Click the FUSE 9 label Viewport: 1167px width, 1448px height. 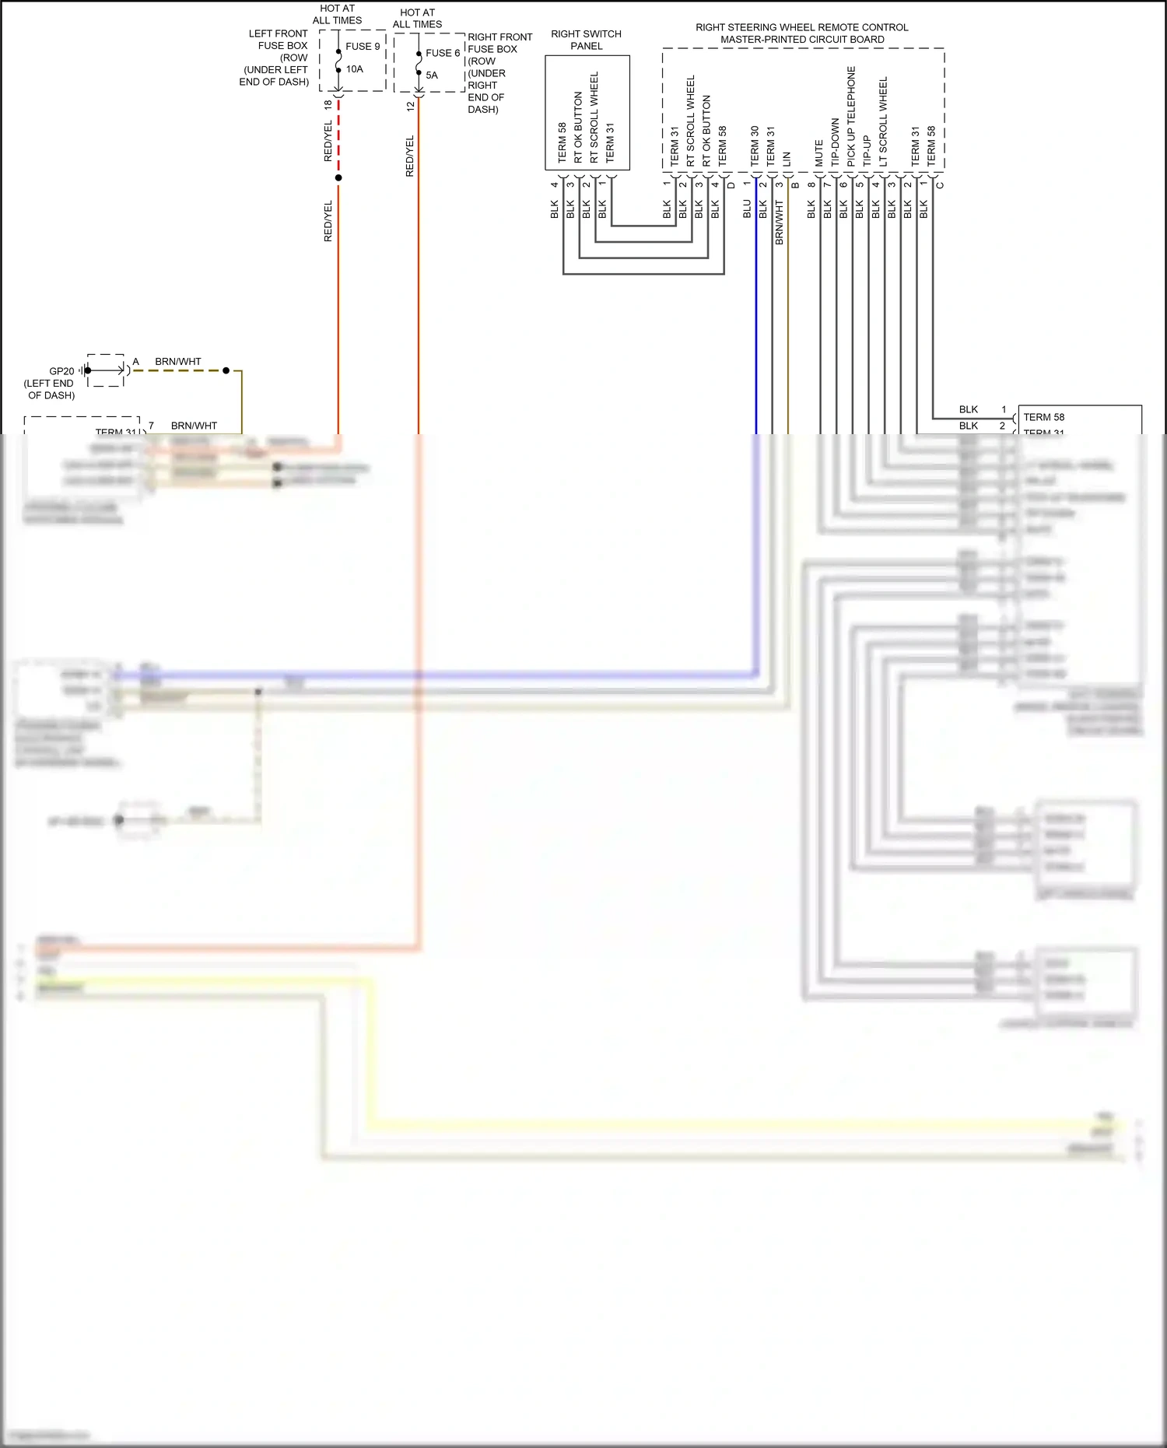click(x=363, y=47)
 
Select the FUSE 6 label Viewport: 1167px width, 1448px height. click(x=442, y=53)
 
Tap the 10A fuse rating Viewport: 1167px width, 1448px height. click(x=355, y=69)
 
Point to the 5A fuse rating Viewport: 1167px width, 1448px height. click(x=432, y=75)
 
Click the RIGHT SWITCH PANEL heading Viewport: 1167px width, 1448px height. click(x=586, y=40)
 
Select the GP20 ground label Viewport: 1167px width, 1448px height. click(x=61, y=371)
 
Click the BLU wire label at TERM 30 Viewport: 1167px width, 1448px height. click(x=747, y=209)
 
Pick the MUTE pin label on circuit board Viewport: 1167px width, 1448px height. click(x=818, y=153)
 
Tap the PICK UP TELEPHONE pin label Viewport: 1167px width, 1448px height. click(x=851, y=116)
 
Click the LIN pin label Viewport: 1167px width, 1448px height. click(x=787, y=159)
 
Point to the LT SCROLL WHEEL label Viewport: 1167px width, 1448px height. click(x=883, y=121)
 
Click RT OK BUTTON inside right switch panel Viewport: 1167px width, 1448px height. click(x=578, y=127)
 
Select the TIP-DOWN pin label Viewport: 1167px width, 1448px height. click(x=835, y=142)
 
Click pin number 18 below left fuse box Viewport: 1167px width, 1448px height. click(x=328, y=104)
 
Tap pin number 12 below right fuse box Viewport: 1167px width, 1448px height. click(x=410, y=107)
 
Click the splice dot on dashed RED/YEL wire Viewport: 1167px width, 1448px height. click(x=338, y=178)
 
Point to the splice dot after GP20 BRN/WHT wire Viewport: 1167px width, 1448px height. click(x=226, y=370)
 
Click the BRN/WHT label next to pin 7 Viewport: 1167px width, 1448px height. click(x=194, y=426)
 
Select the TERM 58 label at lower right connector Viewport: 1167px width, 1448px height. click(x=1043, y=417)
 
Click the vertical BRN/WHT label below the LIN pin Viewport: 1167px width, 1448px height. click(x=779, y=223)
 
